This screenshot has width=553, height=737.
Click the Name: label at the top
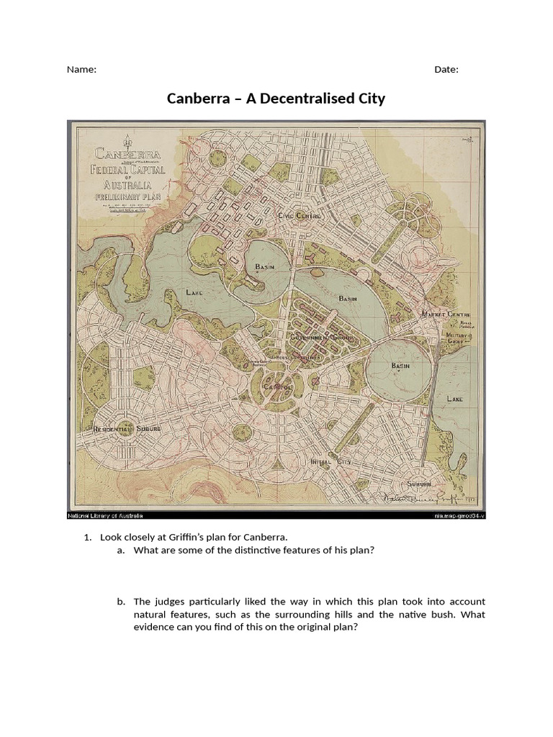(x=81, y=70)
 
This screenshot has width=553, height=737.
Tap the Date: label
(x=446, y=70)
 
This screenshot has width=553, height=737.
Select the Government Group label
(x=320, y=337)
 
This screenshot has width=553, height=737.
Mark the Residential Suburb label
(x=127, y=428)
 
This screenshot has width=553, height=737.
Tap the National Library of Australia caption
(x=106, y=516)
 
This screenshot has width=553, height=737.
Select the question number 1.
(x=88, y=537)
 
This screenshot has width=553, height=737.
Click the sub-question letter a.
(x=120, y=551)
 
